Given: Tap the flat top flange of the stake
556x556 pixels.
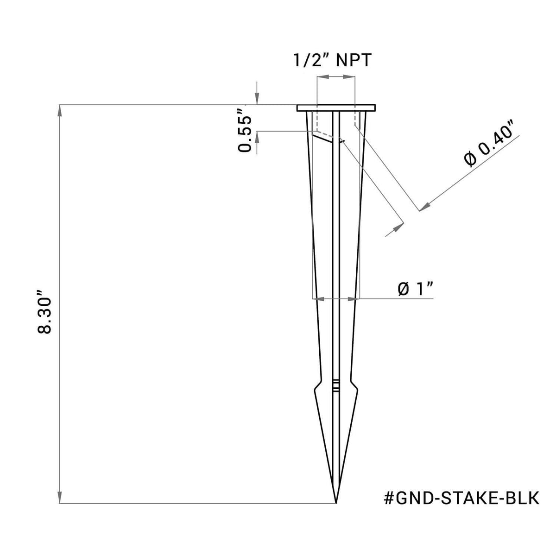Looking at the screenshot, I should (335, 108).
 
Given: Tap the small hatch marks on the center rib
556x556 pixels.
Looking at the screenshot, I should (336, 386).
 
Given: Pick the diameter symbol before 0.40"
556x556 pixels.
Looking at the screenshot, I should (469, 160).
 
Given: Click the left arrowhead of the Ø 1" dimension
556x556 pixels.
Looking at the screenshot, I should (316, 299).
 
